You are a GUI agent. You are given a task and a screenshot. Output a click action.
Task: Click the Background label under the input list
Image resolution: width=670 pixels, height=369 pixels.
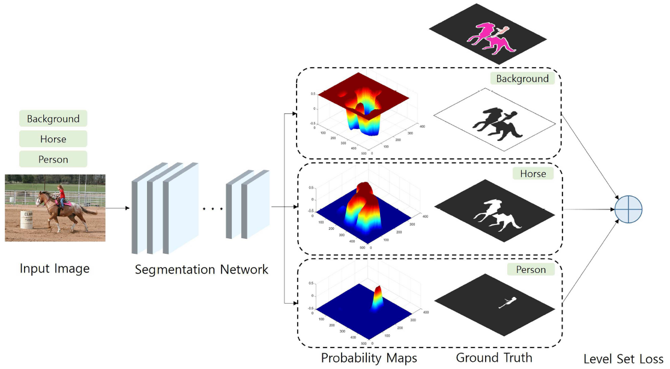(x=53, y=119)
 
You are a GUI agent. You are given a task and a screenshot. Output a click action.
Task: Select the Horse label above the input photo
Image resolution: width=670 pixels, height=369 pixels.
(x=53, y=139)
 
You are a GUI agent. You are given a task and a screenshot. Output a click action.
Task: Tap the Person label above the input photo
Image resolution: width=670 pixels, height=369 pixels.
(x=53, y=160)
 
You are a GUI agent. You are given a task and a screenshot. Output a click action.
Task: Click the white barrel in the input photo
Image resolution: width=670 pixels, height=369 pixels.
(x=26, y=220)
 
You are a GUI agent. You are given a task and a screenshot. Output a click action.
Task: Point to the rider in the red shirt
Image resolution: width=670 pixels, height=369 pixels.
(x=60, y=194)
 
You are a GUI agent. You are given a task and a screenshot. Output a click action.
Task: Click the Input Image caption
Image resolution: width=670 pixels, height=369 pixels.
(x=55, y=268)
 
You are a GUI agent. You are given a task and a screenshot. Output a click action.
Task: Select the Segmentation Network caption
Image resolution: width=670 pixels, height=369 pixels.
(x=201, y=269)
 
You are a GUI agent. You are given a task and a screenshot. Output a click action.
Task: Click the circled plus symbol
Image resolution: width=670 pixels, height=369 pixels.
(x=629, y=209)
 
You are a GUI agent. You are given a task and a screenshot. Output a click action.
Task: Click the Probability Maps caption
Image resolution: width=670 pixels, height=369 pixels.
(x=369, y=358)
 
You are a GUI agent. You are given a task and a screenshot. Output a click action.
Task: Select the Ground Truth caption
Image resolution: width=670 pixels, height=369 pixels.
(x=493, y=358)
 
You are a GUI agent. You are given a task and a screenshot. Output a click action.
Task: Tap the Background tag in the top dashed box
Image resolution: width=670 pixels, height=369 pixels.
(x=522, y=79)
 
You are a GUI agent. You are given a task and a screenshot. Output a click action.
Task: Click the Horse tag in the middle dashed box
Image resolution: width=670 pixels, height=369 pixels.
(x=533, y=173)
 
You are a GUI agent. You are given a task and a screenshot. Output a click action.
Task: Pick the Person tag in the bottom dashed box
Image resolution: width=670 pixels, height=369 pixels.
(x=531, y=269)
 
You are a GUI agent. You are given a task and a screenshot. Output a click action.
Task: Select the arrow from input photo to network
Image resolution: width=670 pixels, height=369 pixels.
(x=118, y=208)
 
